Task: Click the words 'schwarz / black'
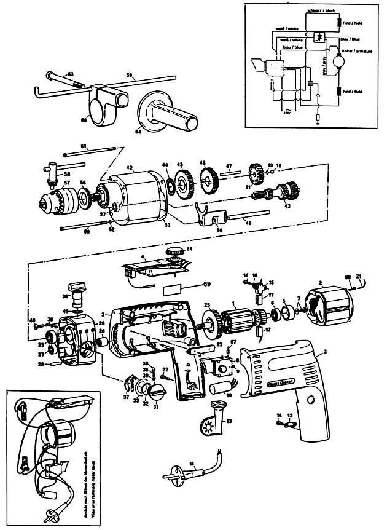tap(320, 12)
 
